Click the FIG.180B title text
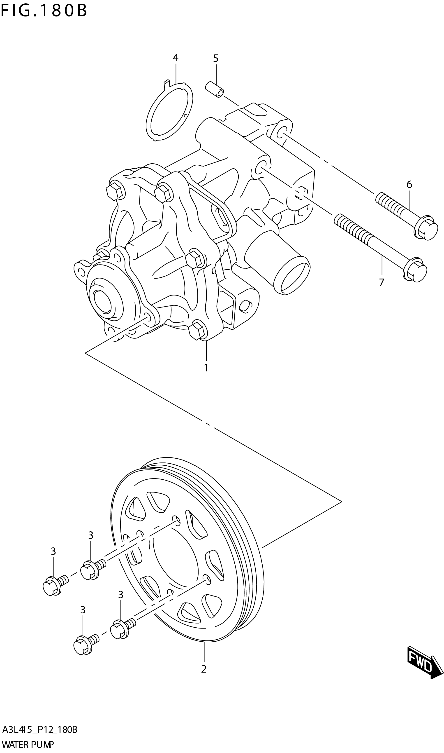[x=44, y=11]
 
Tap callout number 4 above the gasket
[x=175, y=58]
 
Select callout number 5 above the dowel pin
[x=216, y=59]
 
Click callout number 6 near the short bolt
[x=409, y=185]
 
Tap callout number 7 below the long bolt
[x=381, y=282]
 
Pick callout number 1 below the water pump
[x=206, y=368]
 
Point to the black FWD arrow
[x=424, y=664]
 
